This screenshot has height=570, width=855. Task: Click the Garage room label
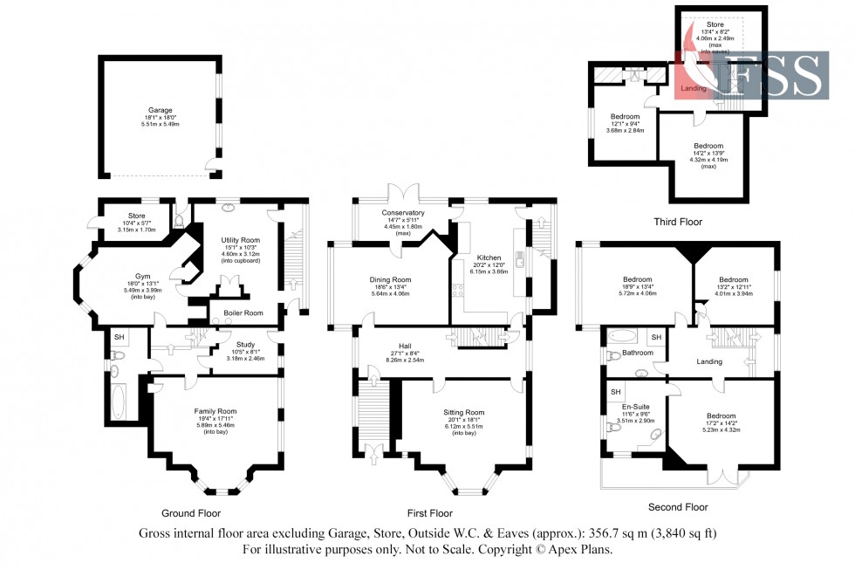click(160, 111)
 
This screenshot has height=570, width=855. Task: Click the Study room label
click(245, 344)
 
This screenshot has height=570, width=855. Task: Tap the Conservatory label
click(402, 212)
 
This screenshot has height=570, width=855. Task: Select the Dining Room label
click(390, 279)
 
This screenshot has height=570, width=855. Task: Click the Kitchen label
click(488, 258)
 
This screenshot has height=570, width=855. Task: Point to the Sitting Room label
click(462, 412)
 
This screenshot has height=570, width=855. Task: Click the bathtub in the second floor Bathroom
click(622, 336)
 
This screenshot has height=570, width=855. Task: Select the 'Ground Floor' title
click(190, 513)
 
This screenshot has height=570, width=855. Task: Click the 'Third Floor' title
click(678, 222)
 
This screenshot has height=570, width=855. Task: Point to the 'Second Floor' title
click(678, 506)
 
